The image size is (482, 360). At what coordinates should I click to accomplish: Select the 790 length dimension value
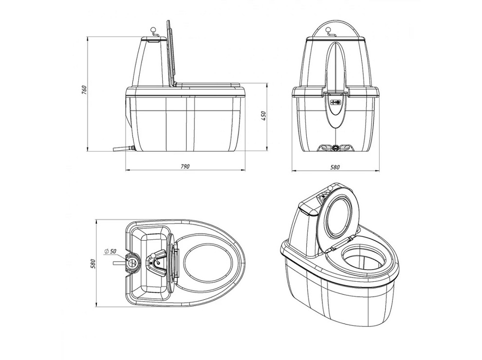[185, 166]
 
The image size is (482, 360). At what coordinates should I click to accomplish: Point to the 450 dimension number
[263, 115]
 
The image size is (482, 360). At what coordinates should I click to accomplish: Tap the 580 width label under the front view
[334, 167]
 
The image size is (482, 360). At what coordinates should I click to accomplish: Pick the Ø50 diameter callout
[110, 251]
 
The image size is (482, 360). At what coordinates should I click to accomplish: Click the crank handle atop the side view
[154, 32]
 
